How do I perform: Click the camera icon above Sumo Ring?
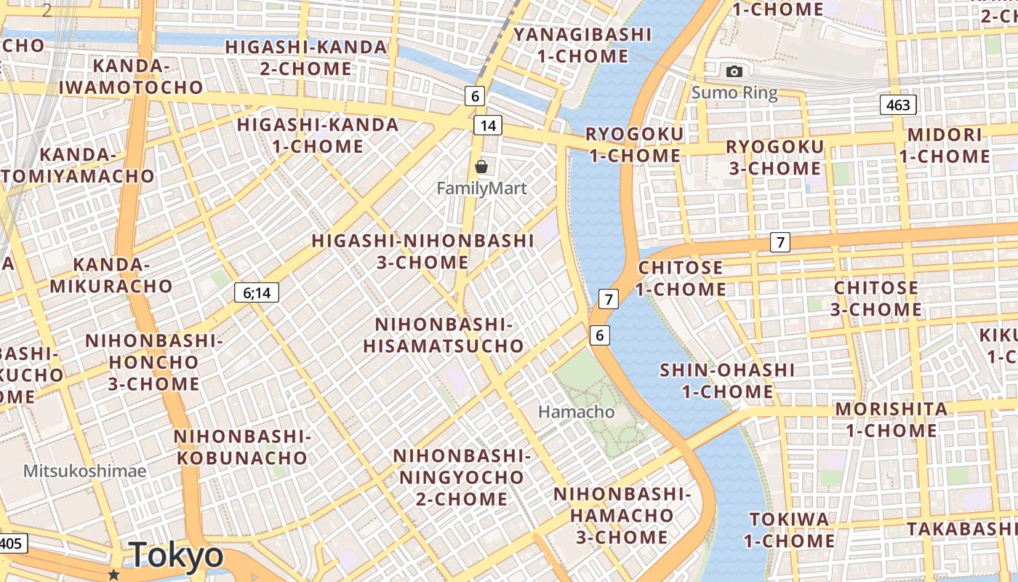coord(734,71)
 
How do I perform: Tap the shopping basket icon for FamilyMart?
coord(481,167)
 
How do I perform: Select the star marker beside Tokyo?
coord(113,575)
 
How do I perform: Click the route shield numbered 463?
coord(898,105)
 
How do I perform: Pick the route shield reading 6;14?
coord(257,292)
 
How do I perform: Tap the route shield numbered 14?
coord(488,125)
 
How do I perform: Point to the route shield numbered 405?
coord(13,543)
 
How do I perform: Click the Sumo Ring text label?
coord(734,93)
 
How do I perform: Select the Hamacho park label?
coord(576,412)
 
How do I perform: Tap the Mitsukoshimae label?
coord(84,471)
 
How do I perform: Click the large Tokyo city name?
coord(177,556)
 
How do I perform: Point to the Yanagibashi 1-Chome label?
coord(582,45)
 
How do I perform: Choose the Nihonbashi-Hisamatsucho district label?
coord(444,335)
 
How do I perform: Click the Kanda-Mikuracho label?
coord(111,275)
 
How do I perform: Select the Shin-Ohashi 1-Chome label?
coord(727,380)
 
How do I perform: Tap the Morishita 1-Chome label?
coord(891,419)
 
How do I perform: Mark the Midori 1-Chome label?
coord(945,145)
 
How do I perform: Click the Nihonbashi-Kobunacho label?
coord(242,447)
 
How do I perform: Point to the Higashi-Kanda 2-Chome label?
coord(306,57)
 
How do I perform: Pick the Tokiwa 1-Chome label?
coord(789,530)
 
